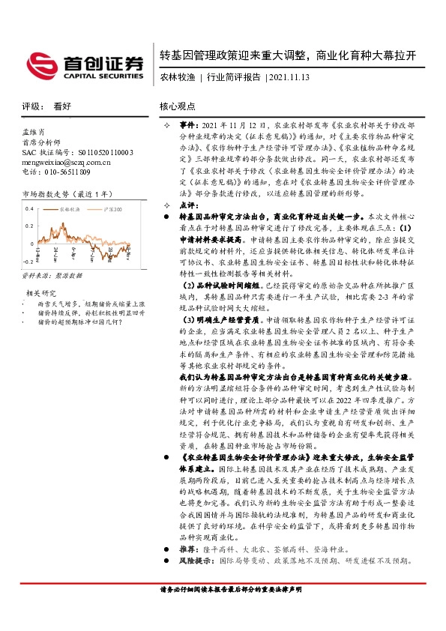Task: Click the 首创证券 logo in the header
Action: coord(83,65)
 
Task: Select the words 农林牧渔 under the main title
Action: coord(178,76)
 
